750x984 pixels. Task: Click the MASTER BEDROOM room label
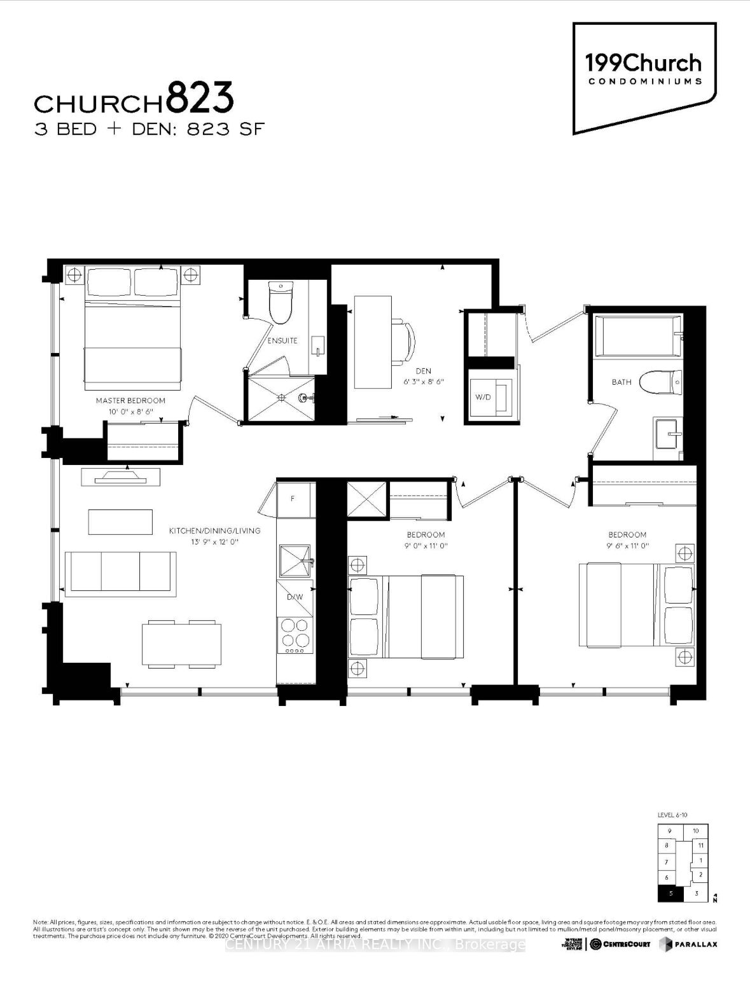point(130,401)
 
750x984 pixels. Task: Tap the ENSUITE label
point(282,340)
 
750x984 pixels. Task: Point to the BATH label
point(622,382)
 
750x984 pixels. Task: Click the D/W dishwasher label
point(295,597)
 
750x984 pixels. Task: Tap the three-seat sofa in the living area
point(121,574)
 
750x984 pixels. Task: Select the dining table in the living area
point(181,644)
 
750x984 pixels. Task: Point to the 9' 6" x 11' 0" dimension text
point(627,546)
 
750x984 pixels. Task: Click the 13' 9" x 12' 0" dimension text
point(214,542)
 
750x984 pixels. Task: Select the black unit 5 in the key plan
point(670,894)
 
